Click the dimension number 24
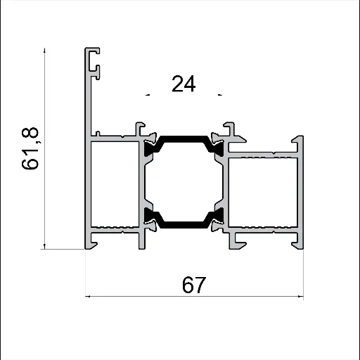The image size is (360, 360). point(183,84)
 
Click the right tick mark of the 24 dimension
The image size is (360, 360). point(221,94)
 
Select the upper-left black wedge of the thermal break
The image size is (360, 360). point(150,147)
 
